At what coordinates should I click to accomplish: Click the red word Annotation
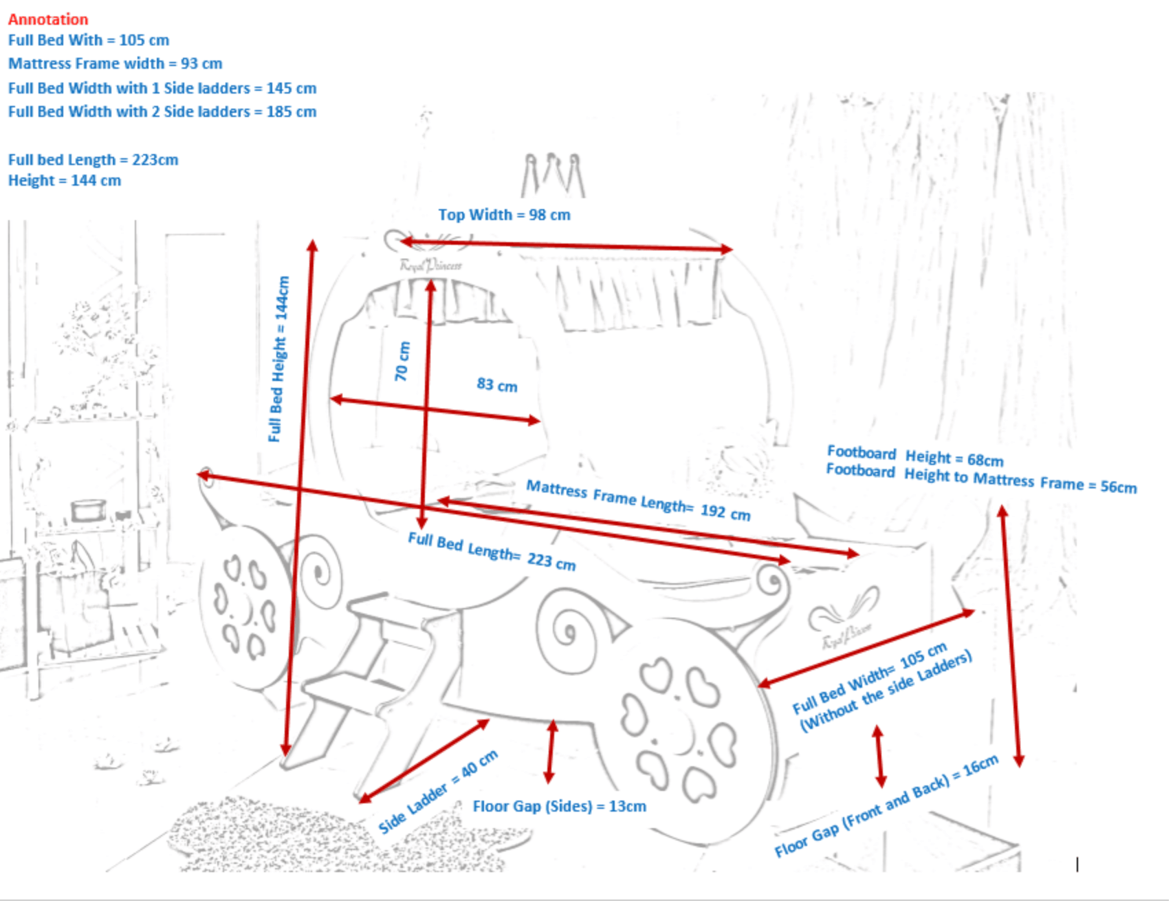tap(48, 19)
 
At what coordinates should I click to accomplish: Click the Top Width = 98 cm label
tap(504, 215)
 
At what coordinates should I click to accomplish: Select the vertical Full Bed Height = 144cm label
tap(278, 358)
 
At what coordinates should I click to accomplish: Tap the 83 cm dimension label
tap(496, 384)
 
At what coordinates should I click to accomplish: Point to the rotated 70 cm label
tap(402, 361)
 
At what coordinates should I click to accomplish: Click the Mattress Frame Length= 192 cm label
tap(637, 500)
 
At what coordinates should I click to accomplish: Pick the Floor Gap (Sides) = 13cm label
tap(559, 806)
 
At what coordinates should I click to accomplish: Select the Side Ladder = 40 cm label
tap(438, 792)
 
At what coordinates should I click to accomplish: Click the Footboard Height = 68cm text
tap(914, 455)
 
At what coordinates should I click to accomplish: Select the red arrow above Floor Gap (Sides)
tap(550, 751)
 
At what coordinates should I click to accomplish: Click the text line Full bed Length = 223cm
tap(93, 160)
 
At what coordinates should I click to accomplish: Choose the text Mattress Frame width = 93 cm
tap(115, 64)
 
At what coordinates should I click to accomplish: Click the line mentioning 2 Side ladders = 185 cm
tap(162, 111)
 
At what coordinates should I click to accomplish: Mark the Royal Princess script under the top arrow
tap(430, 265)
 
